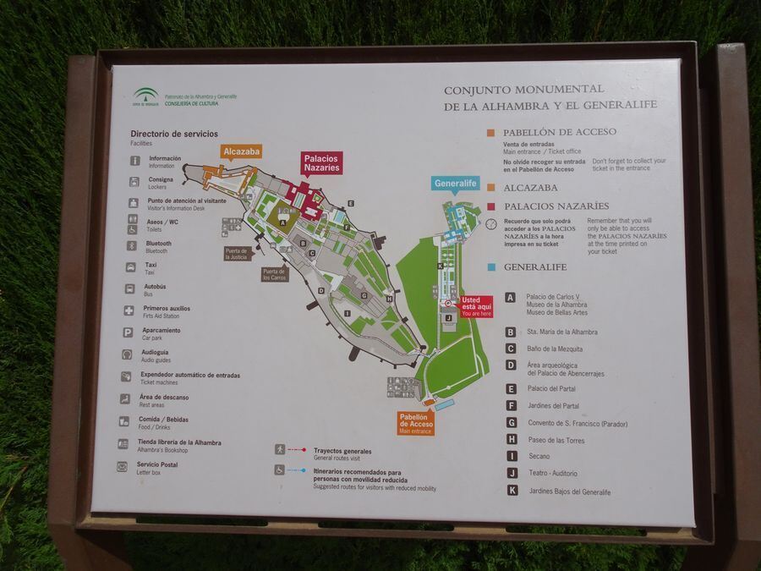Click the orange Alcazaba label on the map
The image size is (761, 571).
[241, 152]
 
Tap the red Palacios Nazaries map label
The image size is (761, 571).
[322, 163]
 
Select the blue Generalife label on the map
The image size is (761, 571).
[455, 184]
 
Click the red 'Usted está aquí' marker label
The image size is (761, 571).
[475, 306]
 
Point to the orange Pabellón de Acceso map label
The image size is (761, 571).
[416, 423]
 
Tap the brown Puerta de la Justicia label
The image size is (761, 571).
[237, 253]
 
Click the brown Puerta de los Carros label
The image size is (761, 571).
[274, 274]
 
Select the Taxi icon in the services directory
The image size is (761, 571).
[131, 267]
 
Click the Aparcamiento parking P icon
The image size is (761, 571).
[128, 332]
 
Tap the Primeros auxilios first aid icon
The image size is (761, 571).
[129, 310]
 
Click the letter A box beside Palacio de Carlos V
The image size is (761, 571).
[511, 298]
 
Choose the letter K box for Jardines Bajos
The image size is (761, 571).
[512, 490]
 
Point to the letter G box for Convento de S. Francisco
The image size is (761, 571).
[512, 422]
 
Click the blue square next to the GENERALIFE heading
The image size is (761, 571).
[491, 267]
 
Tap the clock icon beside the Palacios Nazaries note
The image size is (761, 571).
[491, 225]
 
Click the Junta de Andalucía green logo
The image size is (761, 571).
[145, 96]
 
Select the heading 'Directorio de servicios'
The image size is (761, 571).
[173, 134]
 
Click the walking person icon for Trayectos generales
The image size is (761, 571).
[279, 450]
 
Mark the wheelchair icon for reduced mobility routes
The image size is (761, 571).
[279, 470]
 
